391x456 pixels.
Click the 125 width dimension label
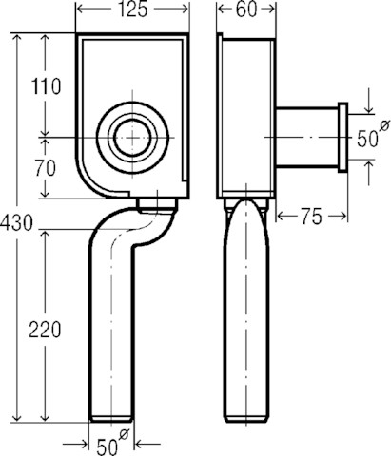tap(132, 9)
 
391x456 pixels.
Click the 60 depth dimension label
tap(246, 9)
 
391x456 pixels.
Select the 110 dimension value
tap(46, 86)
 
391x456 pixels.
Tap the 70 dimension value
tap(46, 168)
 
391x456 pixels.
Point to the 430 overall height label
tap(16, 222)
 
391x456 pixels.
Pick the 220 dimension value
tap(45, 330)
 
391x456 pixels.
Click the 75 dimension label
tap(311, 218)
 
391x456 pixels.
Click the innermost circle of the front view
tap(132, 138)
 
